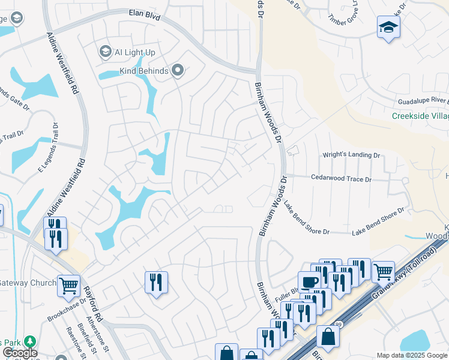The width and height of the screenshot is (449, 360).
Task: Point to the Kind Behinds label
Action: pyautogui.click(x=143, y=71)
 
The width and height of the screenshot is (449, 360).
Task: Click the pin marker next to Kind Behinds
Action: pyautogui.click(x=178, y=71)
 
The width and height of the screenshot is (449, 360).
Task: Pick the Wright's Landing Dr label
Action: pyautogui.click(x=352, y=155)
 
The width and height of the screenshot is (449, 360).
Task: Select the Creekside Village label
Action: pyautogui.click(x=420, y=116)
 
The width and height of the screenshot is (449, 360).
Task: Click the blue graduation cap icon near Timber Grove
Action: pyautogui.click(x=388, y=27)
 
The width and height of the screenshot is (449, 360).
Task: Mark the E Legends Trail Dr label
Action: pyautogui.click(x=49, y=148)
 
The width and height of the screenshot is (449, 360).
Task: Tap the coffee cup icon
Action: pyautogui.click(x=309, y=281)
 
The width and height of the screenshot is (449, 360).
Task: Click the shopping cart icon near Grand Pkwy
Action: pyautogui.click(x=382, y=271)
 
